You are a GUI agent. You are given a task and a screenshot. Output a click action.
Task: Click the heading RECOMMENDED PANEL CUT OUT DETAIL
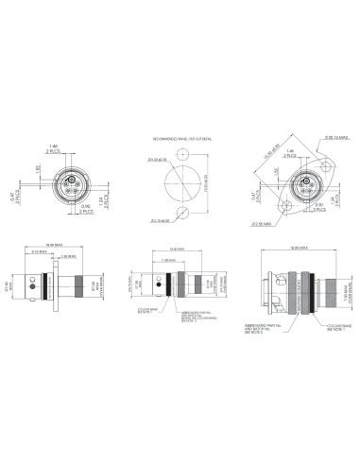point(179,140)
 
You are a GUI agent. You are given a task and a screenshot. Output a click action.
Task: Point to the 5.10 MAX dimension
point(43,251)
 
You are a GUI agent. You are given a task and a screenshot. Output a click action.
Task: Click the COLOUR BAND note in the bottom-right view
point(334,331)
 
